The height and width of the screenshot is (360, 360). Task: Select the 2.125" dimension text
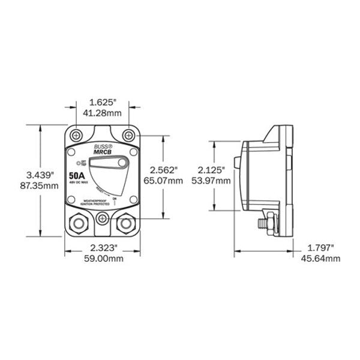point(213,170)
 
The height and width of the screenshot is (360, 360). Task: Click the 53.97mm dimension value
point(213,181)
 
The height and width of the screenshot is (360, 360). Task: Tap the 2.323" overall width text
point(102,248)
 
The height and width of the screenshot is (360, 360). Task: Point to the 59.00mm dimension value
point(102,259)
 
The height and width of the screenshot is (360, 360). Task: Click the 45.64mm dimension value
point(324,259)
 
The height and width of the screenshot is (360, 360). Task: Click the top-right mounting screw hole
point(130,136)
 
